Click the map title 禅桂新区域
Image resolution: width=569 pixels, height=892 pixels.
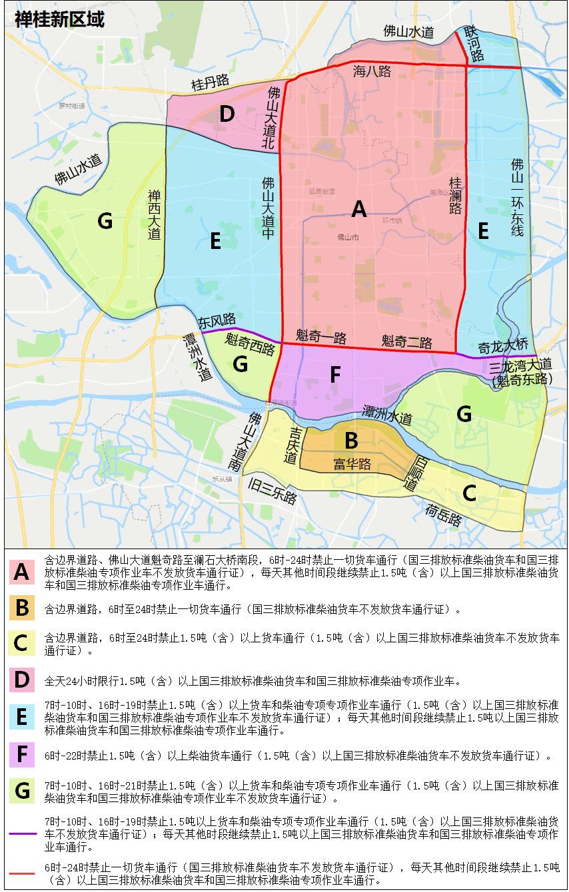click(x=59, y=19)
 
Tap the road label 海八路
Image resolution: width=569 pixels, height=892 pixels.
click(x=372, y=72)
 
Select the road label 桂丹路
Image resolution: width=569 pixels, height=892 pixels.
click(x=210, y=83)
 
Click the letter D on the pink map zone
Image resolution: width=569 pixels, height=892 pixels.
click(x=227, y=114)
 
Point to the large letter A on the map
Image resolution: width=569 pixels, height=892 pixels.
click(x=359, y=210)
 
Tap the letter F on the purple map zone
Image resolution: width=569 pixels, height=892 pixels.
click(x=335, y=375)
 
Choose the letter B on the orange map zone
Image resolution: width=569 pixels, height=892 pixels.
click(x=351, y=441)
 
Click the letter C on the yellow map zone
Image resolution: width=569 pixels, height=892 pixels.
click(x=469, y=493)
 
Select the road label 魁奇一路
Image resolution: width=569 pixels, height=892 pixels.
click(x=321, y=337)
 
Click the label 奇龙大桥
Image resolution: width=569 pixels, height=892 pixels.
click(x=503, y=346)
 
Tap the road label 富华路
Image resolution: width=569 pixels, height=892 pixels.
click(x=352, y=463)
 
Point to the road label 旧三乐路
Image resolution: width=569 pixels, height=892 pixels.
click(x=272, y=491)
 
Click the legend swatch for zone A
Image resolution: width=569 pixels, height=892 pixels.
click(x=22, y=571)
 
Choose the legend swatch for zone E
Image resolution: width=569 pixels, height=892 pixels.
click(x=22, y=717)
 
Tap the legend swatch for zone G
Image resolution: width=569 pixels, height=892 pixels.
click(x=22, y=791)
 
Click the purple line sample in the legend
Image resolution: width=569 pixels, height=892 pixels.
click(x=23, y=833)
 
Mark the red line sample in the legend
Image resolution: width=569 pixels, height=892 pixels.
click(x=23, y=873)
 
